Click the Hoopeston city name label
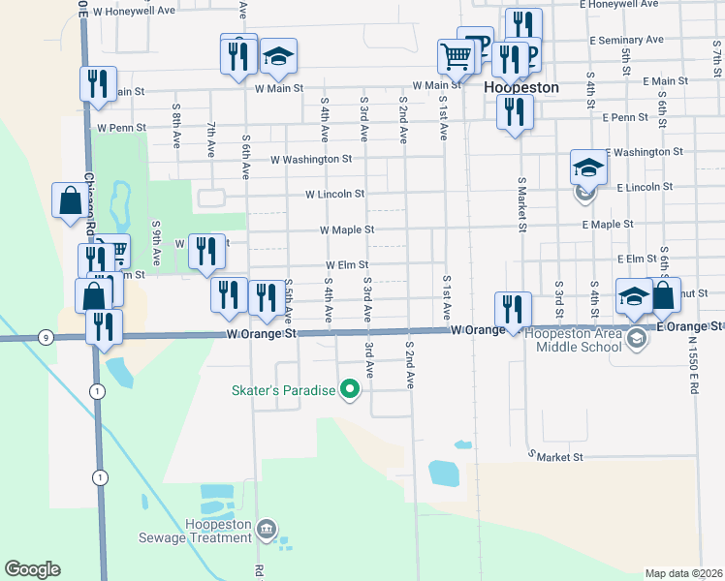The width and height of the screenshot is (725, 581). click(521, 87)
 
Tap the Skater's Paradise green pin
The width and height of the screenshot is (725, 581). click(352, 391)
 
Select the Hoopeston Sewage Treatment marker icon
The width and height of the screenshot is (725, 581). click(268, 530)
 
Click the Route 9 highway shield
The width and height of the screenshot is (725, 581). click(46, 337)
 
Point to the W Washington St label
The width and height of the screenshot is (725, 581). click(311, 159)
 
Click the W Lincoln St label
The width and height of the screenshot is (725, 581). click(334, 195)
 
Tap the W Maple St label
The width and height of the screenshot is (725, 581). click(347, 230)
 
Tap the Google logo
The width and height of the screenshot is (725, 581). click(32, 569)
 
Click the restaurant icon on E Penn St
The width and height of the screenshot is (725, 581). click(515, 112)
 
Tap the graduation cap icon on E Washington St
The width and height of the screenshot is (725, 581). click(588, 168)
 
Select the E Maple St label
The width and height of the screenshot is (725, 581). click(608, 224)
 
